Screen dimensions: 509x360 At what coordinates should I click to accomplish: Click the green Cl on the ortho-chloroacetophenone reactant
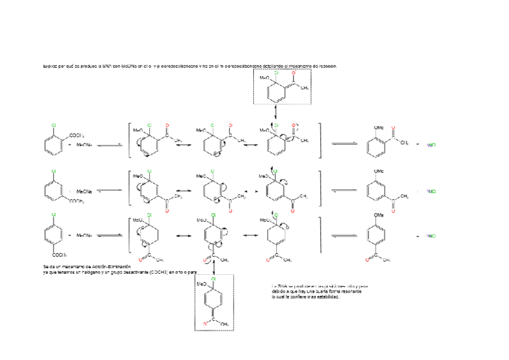[54, 125]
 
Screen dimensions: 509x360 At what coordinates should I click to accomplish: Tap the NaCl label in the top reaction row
[430, 145]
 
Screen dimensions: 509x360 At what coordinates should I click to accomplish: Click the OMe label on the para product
[379, 215]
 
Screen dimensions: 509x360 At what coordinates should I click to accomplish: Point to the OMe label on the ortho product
[379, 127]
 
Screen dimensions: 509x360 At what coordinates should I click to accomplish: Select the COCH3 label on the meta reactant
[77, 201]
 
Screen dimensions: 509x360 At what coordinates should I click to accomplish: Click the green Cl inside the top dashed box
[276, 73]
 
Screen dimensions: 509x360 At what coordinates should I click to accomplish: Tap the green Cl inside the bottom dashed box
[212, 279]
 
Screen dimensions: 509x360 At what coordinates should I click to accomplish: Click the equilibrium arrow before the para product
[344, 236]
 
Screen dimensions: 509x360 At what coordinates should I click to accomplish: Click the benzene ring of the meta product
[376, 191]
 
